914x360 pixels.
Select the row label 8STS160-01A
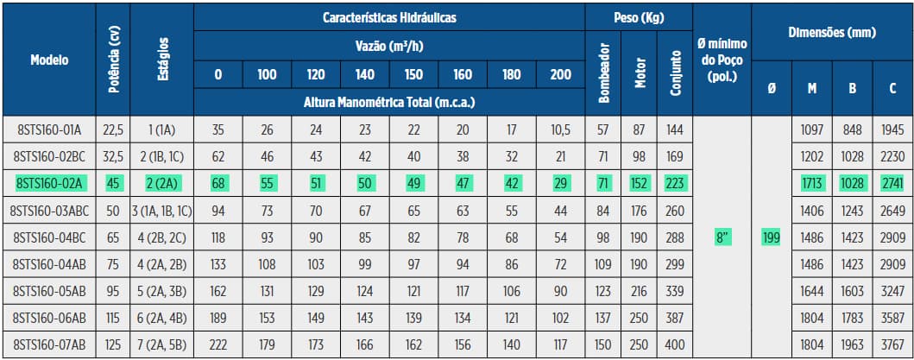coord(49,129)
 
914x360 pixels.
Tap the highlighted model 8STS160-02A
coord(49,183)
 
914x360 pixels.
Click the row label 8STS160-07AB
coord(49,344)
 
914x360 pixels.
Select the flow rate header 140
coord(364,74)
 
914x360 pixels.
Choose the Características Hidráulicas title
coord(389,16)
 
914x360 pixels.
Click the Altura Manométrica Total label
coord(389,102)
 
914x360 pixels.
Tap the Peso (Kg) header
coord(638,16)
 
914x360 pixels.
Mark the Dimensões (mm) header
coord(832,33)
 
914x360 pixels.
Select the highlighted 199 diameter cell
coord(771,237)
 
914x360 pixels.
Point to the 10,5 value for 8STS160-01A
coord(560,129)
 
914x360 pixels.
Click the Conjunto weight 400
coord(675,344)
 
